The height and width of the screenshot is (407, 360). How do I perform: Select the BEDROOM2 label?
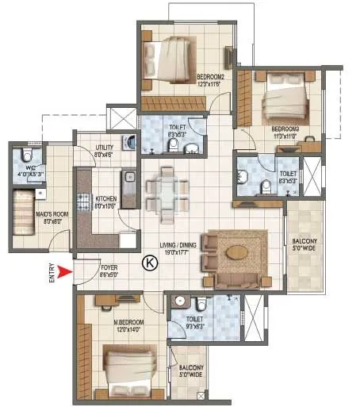coord(213,77)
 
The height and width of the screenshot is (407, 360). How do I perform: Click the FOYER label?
coord(109,268)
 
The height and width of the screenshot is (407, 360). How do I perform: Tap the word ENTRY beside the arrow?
coord(53,275)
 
